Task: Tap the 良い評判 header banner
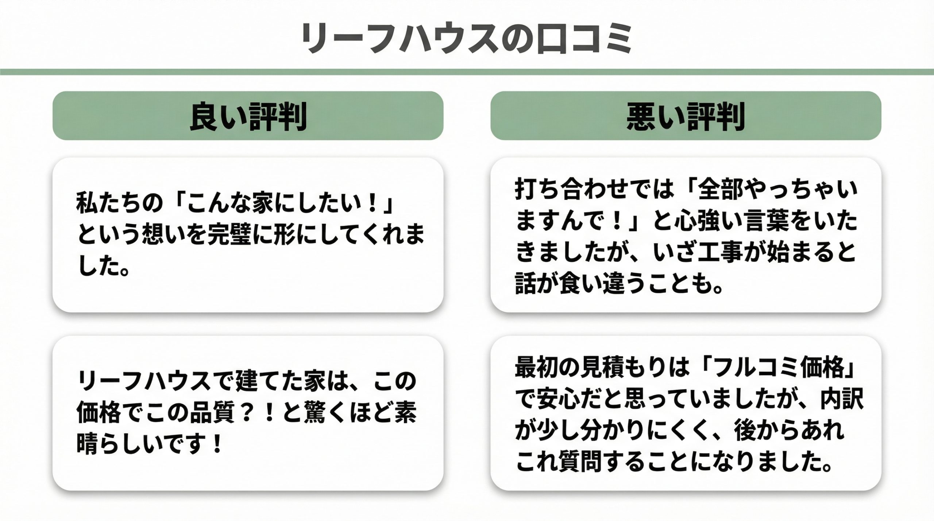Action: coord(248,116)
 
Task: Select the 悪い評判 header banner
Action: coord(686,116)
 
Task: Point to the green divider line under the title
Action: coord(467,72)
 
